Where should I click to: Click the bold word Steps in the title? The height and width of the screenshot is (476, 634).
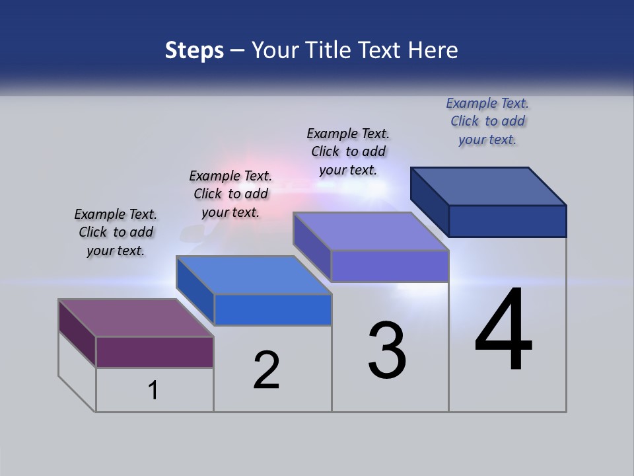tap(194, 50)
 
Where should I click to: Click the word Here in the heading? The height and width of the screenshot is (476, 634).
tap(433, 50)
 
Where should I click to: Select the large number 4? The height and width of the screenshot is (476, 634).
tap(503, 331)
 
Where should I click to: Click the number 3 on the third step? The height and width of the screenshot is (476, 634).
tap(387, 350)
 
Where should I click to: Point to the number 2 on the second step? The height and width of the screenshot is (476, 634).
tap(266, 370)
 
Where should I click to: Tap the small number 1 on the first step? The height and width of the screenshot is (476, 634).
tap(153, 391)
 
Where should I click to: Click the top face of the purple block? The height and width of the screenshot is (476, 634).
tap(135, 318)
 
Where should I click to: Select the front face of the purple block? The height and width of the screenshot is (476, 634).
tap(155, 352)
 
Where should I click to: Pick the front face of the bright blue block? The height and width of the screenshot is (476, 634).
tap(273, 309)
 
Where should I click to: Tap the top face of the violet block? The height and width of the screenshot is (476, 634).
tap(370, 231)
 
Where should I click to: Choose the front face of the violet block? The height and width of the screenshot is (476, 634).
tap(390, 266)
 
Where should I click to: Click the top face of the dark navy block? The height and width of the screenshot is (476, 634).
tap(489, 186)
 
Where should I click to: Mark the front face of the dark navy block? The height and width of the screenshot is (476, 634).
tap(507, 221)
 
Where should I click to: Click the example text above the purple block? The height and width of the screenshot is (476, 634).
tap(116, 233)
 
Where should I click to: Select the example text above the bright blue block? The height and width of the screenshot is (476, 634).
tap(230, 194)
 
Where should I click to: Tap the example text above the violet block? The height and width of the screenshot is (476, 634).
tap(348, 151)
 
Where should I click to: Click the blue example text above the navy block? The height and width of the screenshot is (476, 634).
tap(487, 121)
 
